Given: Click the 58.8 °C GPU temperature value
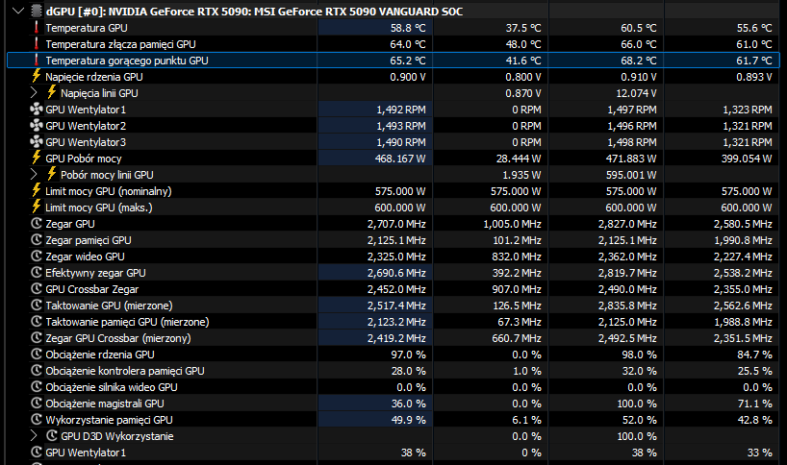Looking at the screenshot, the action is pos(408,28).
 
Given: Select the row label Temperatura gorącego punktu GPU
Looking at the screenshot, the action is pos(126,61).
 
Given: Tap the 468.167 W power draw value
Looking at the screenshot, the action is pos(400,159).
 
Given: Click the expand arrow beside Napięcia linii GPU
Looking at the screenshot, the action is pos(33,93).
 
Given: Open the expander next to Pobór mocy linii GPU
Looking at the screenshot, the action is pos(33,175).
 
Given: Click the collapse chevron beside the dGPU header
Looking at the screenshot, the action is pos(18,11).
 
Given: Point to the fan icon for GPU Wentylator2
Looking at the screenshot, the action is pos(37,126).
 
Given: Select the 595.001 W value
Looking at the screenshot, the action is pos(631,175).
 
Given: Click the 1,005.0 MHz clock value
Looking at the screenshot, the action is pos(512,224).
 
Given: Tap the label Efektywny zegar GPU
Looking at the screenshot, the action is pos(95,273).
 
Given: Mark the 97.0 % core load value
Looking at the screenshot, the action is pos(408,355).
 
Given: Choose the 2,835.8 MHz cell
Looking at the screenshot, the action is pos(627,306).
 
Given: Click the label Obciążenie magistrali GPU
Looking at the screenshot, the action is pos(105,404).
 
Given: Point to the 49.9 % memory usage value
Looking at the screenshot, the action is pos(408,420).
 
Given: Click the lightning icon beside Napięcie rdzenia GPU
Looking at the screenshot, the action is pos(37,76).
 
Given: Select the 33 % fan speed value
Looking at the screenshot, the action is pos(759,453).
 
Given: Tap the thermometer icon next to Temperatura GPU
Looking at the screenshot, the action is pos(37,28).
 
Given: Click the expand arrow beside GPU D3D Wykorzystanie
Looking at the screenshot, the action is pos(33,436).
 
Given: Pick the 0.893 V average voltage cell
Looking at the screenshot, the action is pos(754,77).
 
